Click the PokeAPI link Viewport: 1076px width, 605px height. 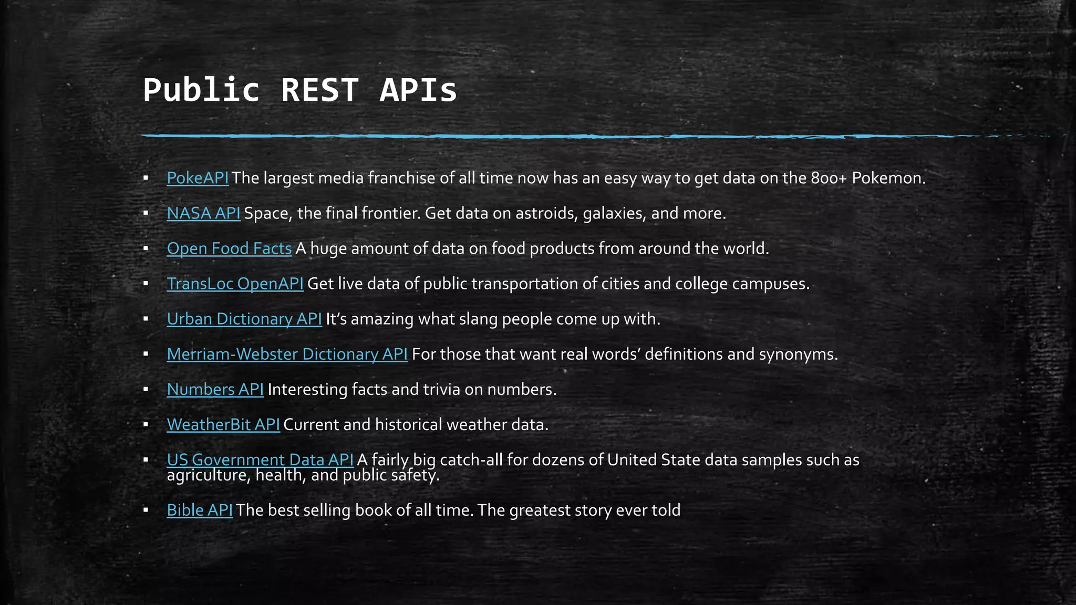(198, 179)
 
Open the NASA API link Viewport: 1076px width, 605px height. (203, 214)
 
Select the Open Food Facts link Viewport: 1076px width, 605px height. (229, 249)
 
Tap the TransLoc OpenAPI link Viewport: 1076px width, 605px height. (235, 284)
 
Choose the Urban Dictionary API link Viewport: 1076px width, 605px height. (244, 319)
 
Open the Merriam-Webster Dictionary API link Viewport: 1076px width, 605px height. (287, 354)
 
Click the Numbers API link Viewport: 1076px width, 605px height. (215, 390)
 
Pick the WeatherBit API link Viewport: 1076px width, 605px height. (223, 425)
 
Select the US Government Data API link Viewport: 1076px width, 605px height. (260, 460)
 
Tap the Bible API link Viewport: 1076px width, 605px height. (200, 510)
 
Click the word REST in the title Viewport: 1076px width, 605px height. (319, 90)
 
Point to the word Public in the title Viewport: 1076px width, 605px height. (201, 90)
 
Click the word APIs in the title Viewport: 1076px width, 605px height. (418, 90)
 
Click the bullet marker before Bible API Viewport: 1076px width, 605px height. (146, 510)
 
